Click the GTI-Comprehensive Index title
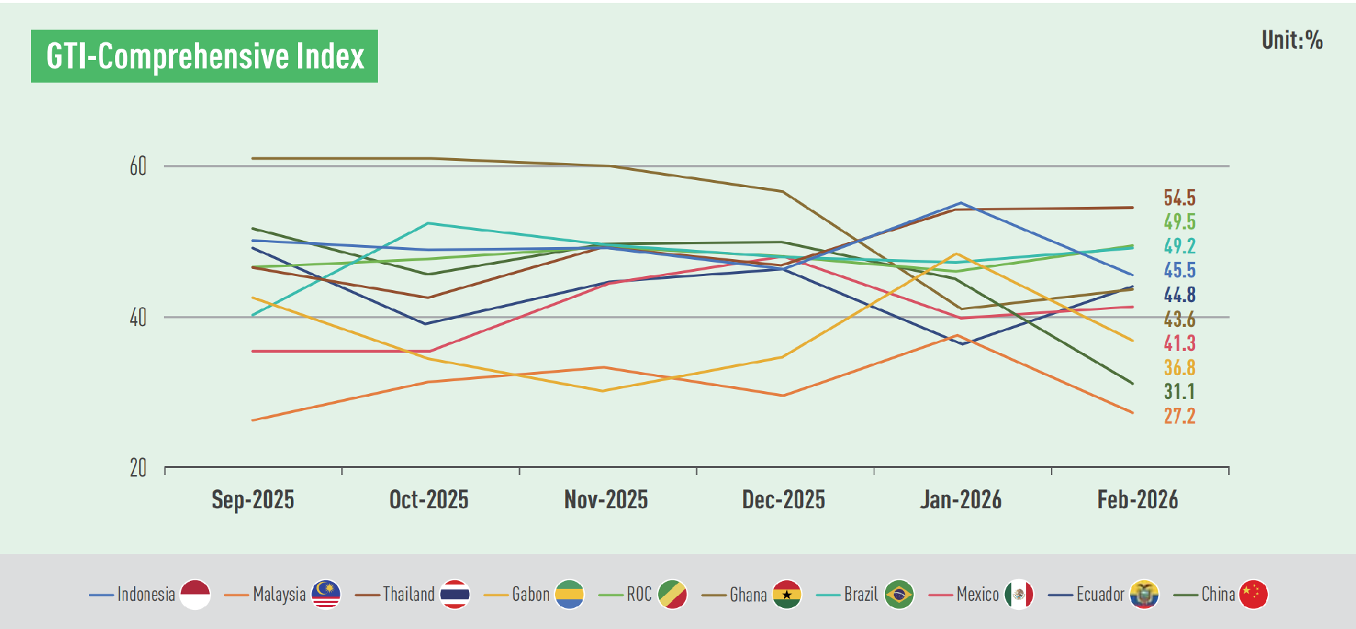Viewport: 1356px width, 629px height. [x=204, y=56]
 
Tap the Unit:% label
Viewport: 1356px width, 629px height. [x=1292, y=40]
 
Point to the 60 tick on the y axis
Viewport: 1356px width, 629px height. [x=138, y=167]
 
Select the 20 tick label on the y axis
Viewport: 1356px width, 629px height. [x=138, y=468]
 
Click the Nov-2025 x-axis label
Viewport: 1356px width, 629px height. [x=606, y=500]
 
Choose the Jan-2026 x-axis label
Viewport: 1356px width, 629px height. [x=961, y=500]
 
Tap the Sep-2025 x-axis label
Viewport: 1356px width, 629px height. [x=253, y=500]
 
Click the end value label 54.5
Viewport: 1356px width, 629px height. [x=1179, y=198]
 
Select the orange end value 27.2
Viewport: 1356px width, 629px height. [x=1179, y=416]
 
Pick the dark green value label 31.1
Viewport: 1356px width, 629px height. [x=1179, y=392]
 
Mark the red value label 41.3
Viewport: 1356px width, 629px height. [x=1179, y=343]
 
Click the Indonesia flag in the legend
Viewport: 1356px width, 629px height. [x=195, y=594]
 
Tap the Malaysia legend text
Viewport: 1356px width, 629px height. [x=279, y=594]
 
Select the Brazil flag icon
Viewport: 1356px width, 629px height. [x=898, y=594]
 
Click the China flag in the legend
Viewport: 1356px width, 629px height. [x=1254, y=594]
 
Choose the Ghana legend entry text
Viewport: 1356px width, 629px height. [x=748, y=594]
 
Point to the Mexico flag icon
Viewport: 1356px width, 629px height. [x=1018, y=594]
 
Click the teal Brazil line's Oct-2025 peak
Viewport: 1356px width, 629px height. [x=428, y=223]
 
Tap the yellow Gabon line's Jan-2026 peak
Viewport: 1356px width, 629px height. [x=957, y=253]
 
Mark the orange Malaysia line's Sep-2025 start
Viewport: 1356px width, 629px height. [x=253, y=421]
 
